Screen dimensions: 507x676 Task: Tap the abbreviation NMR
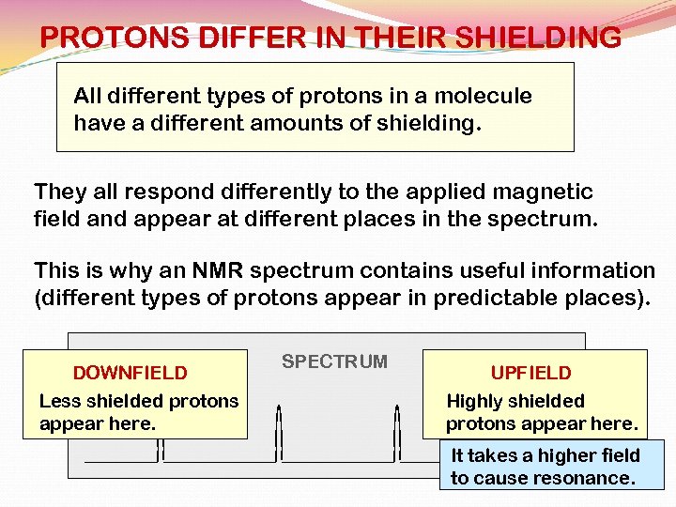215,271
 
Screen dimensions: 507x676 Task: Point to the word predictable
521,298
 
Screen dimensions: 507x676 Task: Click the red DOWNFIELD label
130,374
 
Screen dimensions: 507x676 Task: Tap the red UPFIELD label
530,374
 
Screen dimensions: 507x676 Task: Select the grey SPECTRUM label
334,362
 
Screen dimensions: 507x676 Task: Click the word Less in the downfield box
59,401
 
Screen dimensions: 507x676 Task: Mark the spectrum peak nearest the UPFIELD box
398,432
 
